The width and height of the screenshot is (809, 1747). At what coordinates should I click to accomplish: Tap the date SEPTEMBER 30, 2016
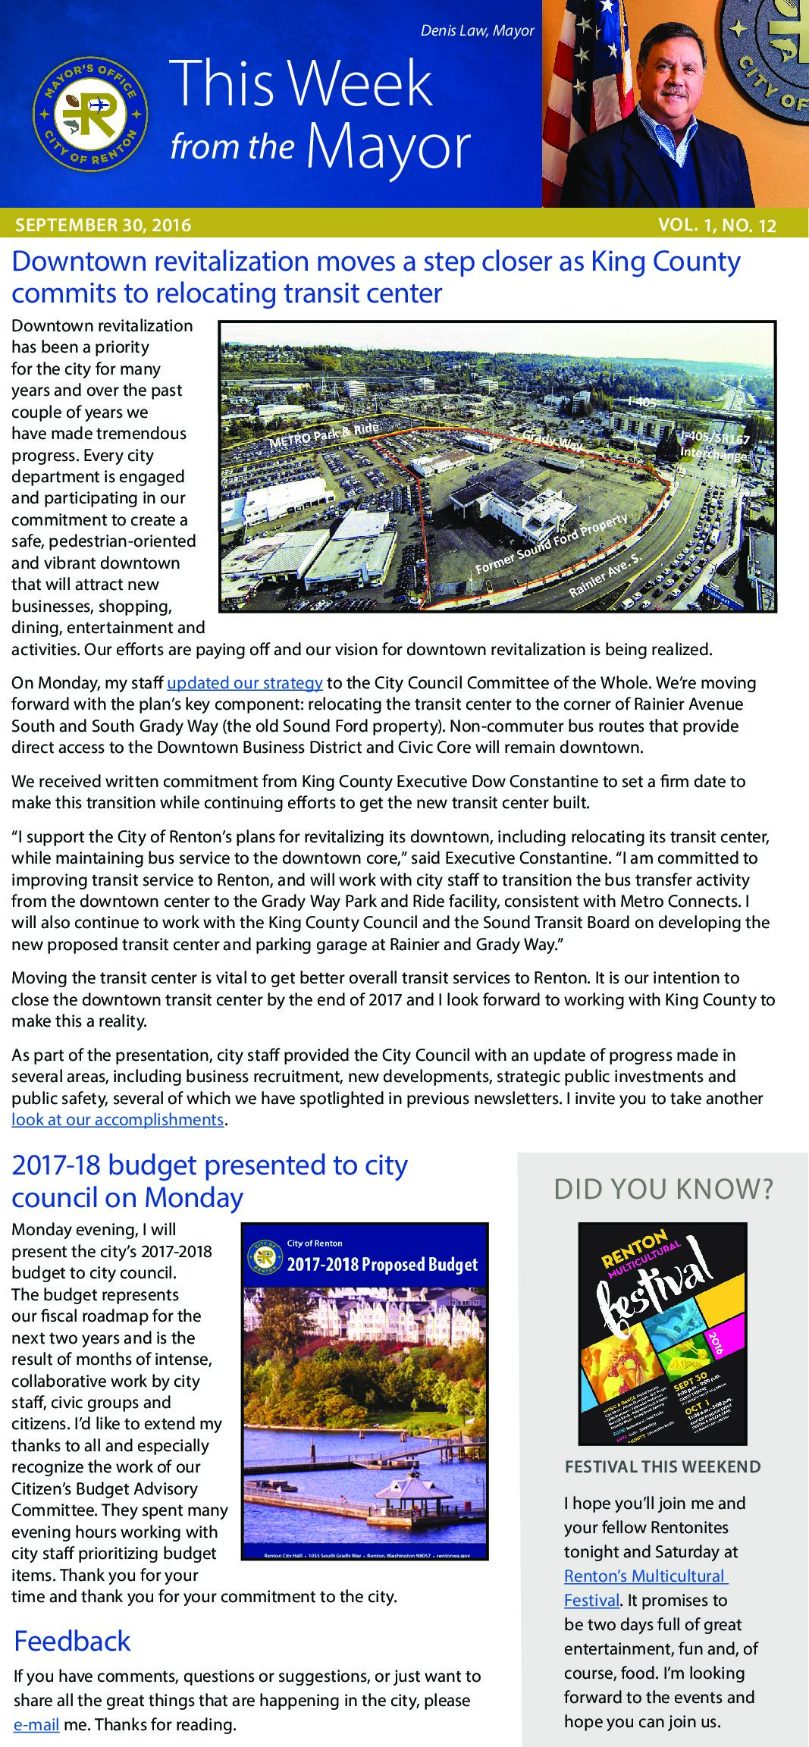click(x=103, y=225)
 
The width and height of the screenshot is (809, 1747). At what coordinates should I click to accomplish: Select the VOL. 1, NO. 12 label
click(x=716, y=225)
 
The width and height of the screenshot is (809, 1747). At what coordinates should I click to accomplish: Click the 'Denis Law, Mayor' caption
click(x=477, y=31)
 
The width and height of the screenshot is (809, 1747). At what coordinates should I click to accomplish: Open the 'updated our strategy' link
click(x=245, y=682)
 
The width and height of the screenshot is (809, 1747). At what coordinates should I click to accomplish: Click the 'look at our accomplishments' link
click(x=118, y=1119)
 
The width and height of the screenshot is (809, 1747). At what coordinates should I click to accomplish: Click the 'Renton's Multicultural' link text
click(x=645, y=1576)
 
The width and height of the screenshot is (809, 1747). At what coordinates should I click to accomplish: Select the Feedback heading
click(x=73, y=1641)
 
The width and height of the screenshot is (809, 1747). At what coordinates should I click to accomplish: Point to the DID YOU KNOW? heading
click(x=663, y=1189)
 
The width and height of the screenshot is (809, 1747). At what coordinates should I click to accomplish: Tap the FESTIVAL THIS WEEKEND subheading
click(x=663, y=1466)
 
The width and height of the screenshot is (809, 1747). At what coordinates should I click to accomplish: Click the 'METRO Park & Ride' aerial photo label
click(x=324, y=435)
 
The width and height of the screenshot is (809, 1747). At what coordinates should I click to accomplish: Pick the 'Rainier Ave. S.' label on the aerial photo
click(x=604, y=574)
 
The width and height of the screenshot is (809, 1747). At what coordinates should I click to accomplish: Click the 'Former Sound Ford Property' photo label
click(x=551, y=544)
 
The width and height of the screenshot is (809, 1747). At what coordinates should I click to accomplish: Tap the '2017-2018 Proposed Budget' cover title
click(x=382, y=1264)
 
